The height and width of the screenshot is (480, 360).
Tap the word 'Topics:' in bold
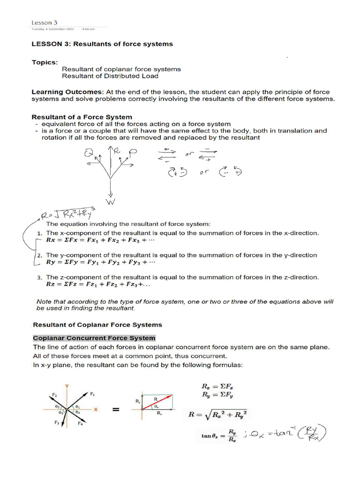(x=45, y=61)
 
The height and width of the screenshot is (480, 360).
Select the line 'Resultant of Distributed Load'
(x=110, y=76)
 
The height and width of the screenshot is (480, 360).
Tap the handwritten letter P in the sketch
(x=134, y=152)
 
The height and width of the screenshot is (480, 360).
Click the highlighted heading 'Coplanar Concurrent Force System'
(x=94, y=338)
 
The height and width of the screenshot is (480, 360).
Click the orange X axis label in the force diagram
(x=95, y=409)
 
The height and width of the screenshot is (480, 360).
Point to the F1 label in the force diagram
(x=92, y=395)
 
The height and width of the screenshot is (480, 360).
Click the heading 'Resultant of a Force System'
(x=82, y=117)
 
